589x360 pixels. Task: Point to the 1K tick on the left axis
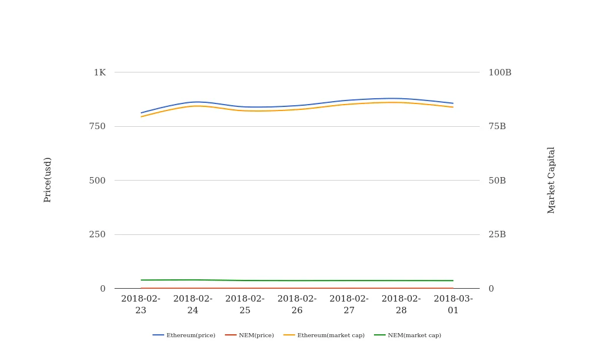[x=100, y=72]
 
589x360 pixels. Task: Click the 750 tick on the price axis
[x=98, y=126]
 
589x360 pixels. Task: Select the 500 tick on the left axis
[x=98, y=181]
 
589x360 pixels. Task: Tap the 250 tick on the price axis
[x=98, y=234]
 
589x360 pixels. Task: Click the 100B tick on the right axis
[x=500, y=72]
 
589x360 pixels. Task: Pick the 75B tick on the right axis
[x=497, y=126]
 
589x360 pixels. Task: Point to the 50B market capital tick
[x=497, y=181]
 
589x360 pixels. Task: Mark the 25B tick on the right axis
[x=497, y=234]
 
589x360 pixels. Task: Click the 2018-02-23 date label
[x=141, y=304]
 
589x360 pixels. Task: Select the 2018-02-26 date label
[x=297, y=304]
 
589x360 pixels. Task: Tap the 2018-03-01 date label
[x=453, y=304]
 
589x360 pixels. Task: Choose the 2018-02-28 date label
[x=401, y=304]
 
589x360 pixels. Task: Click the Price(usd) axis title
[x=48, y=180]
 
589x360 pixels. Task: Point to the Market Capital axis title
[x=552, y=180]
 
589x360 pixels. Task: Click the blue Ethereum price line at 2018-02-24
[x=193, y=102]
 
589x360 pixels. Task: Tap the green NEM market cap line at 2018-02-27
[x=349, y=281]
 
